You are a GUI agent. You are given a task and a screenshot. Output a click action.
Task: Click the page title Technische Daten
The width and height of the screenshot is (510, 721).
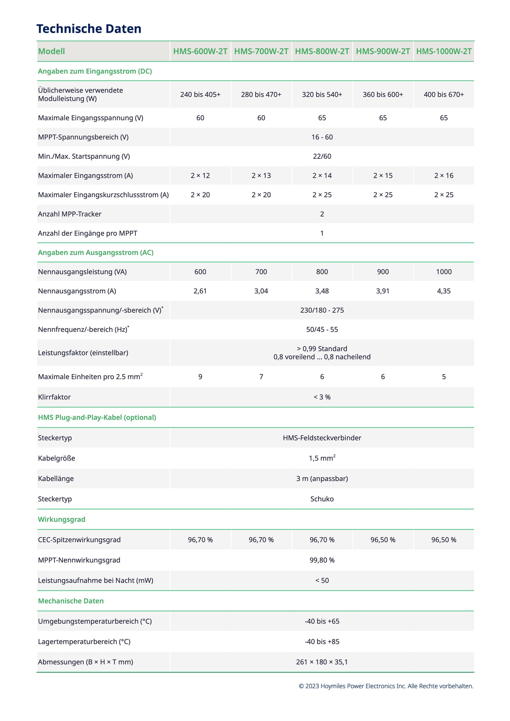pos(89,29)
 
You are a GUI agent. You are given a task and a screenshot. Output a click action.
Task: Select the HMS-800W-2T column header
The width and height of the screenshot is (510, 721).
pos(322,51)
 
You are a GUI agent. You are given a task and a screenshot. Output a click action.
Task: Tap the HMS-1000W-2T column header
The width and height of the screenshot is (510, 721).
pos(444,51)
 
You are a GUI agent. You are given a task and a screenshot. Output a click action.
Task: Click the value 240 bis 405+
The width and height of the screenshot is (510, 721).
pos(200,95)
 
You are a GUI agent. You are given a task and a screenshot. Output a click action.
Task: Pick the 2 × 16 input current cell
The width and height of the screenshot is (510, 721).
pos(444,176)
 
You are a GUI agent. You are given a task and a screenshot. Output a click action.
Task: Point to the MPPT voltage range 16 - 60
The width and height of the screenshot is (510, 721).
pos(322,137)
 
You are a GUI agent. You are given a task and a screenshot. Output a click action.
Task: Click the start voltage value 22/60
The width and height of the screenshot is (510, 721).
pos(322,156)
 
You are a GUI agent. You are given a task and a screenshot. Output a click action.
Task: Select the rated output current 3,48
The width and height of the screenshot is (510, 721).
pos(322,291)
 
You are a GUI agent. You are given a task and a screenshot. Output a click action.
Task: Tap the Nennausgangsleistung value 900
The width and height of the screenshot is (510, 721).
pos(383,272)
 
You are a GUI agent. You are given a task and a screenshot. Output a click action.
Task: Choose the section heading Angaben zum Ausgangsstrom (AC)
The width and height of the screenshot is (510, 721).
pos(96,253)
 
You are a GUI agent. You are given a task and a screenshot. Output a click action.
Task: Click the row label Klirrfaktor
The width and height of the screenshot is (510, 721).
pos(54,397)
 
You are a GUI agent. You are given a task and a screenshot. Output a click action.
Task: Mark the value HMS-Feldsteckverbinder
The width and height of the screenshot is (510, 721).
pos(322,438)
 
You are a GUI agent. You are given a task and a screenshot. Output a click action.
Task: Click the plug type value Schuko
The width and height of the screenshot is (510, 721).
pos(322,499)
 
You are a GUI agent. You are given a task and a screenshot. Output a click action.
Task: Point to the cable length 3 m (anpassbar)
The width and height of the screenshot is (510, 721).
pos(322,479)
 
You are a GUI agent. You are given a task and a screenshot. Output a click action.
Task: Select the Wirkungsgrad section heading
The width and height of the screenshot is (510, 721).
pos(62,519)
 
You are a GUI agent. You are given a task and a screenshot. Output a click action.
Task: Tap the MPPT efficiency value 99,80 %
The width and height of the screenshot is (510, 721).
pos(322,560)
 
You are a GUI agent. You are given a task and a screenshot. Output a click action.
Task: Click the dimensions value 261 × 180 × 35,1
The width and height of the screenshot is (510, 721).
pos(322,662)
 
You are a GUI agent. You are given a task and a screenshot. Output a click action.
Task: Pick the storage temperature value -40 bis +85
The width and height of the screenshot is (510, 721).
pos(322,642)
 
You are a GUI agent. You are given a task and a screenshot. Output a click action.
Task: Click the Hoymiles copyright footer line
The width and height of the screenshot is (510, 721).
pos(386,686)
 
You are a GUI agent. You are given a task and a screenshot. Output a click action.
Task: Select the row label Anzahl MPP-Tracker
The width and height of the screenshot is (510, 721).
pos(70,214)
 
